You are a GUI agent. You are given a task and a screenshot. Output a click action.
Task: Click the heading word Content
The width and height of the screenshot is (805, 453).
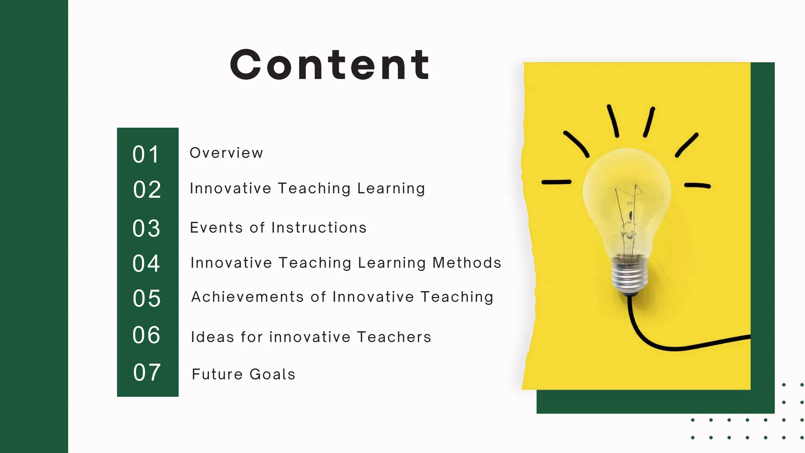[x=330, y=65]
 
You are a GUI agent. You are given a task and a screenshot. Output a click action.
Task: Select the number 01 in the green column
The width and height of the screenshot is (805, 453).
[x=146, y=154]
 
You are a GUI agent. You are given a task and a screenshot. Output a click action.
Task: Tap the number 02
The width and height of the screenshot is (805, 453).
[x=147, y=190]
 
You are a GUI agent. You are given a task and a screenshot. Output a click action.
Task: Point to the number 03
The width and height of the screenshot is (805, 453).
[x=146, y=228]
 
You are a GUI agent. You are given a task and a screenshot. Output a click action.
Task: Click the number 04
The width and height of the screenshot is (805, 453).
[x=146, y=263]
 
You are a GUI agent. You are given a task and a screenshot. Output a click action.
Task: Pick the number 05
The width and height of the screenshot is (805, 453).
[x=147, y=298]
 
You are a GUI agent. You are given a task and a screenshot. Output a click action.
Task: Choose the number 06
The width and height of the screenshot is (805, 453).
[x=146, y=335]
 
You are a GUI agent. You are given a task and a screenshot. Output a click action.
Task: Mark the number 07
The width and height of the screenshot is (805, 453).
[x=147, y=372]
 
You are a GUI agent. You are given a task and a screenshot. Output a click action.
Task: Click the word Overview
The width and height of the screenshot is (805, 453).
[x=226, y=153]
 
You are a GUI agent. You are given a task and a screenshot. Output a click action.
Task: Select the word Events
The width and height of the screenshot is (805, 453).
[x=217, y=228]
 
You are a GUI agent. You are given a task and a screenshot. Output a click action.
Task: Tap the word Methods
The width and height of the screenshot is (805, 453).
[x=467, y=263]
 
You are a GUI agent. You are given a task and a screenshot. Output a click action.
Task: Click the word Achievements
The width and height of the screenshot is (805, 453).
[x=248, y=297]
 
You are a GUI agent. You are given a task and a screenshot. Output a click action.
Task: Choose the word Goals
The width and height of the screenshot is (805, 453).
[x=272, y=374]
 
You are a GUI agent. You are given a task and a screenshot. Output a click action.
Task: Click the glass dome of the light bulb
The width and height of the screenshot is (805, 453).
[x=627, y=185]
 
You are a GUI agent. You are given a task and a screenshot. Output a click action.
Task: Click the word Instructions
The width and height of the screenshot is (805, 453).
[x=319, y=228]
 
